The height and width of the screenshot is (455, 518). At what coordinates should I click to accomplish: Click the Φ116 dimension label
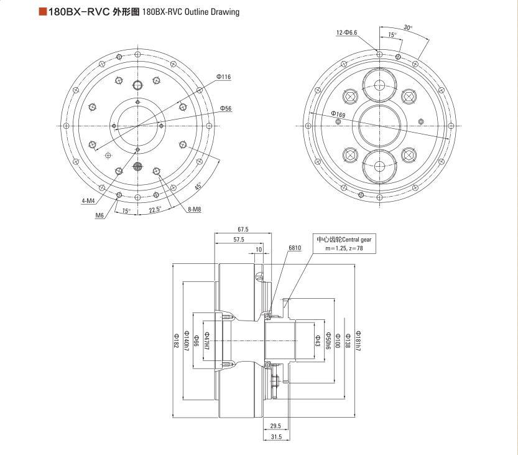click(x=224, y=77)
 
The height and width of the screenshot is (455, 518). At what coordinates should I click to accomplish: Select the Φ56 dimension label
click(x=226, y=108)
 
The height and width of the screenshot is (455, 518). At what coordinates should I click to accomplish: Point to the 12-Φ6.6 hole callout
click(x=347, y=32)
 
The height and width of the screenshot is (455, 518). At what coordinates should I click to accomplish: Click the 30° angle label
click(x=408, y=27)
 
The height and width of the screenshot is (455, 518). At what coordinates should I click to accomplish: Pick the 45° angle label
click(x=198, y=186)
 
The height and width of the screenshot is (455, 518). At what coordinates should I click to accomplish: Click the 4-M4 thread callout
click(x=88, y=200)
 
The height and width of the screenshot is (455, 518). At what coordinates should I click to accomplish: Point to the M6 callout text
click(x=99, y=215)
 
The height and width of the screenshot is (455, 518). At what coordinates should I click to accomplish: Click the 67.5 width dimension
click(x=243, y=229)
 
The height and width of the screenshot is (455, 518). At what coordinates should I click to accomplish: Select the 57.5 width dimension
click(x=239, y=239)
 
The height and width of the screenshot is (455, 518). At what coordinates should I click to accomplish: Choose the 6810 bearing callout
click(x=295, y=248)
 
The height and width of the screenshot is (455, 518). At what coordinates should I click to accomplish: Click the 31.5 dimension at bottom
click(x=276, y=437)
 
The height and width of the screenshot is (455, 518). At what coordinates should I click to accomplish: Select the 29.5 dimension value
click(x=275, y=426)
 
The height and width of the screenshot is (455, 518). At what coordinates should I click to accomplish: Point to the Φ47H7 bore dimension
click(x=208, y=341)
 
